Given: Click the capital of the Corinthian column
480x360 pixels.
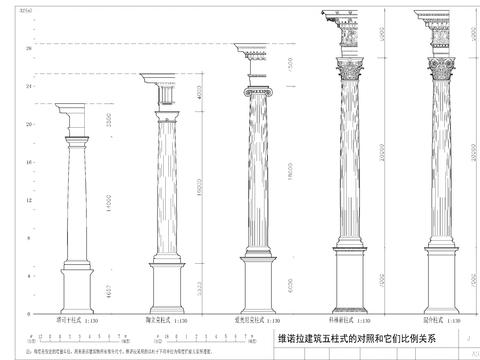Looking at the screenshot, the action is point(353,69).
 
